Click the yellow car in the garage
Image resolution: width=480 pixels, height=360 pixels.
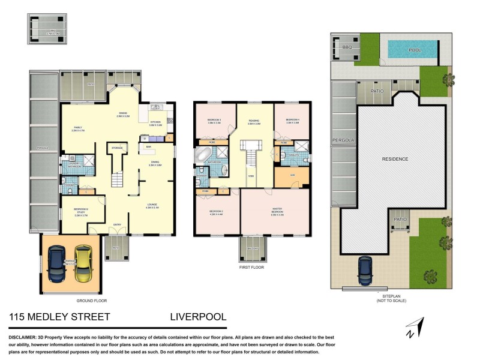pos(82,264)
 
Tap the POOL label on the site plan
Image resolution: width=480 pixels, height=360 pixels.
pos(415,50)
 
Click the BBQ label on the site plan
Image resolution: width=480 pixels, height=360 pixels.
pos(346,46)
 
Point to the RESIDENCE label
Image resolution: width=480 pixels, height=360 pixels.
pos(395,159)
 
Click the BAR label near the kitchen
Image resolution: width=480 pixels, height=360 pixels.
pos(148,146)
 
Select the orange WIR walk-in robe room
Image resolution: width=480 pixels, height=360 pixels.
pos(291,176)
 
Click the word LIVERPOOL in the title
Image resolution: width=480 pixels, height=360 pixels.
pos(199,316)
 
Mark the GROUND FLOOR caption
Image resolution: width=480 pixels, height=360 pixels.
pos(92,300)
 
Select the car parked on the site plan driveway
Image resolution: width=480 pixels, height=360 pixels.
pos(365,271)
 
